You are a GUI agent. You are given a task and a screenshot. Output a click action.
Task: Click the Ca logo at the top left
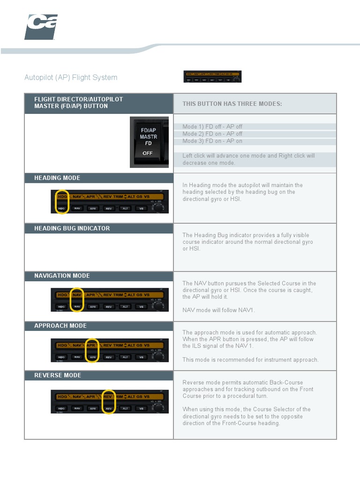click(41, 27)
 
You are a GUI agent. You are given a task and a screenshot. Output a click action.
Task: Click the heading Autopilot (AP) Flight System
click(71, 77)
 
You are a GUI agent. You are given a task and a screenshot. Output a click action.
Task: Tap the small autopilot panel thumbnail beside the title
click(212, 77)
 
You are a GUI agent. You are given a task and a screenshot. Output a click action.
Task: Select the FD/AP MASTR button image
click(149, 142)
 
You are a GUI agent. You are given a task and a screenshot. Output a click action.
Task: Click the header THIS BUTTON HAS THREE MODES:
click(232, 104)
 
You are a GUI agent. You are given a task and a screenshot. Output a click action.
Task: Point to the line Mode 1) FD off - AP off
click(212, 127)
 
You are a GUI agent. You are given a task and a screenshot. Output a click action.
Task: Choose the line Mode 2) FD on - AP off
click(212, 134)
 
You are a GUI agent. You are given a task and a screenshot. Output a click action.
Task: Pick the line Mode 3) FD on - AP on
click(212, 141)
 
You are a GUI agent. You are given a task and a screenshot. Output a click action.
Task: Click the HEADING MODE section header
click(57, 178)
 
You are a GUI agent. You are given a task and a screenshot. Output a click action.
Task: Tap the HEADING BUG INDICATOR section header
click(72, 228)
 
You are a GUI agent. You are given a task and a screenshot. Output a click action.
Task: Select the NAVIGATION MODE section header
click(62, 276)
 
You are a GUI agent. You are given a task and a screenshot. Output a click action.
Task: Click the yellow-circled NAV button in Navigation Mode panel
click(77, 307)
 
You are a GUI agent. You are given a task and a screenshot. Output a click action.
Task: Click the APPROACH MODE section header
click(60, 326)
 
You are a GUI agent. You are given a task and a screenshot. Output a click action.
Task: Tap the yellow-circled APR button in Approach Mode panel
click(93, 357)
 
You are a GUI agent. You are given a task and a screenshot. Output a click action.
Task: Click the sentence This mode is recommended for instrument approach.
click(250, 360)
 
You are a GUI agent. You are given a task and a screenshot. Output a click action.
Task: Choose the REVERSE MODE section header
click(58, 375)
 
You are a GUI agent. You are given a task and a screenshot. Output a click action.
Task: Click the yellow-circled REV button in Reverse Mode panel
click(109, 408)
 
